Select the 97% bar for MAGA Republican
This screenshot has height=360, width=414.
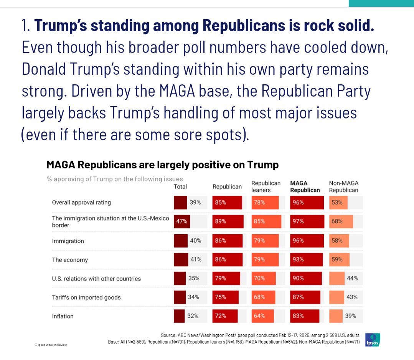tap(306, 222)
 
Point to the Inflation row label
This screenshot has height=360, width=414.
tap(63, 316)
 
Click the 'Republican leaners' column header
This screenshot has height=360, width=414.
tap(266, 186)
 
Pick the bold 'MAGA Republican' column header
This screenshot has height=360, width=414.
tap(305, 186)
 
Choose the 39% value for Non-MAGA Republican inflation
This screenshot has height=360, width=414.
tap(350, 316)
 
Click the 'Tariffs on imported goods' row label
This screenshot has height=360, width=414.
tap(86, 297)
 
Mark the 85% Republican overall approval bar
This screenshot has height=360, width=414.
tap(227, 202)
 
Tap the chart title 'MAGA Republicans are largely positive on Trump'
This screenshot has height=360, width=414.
tap(162, 165)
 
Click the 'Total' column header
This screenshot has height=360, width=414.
tap(180, 187)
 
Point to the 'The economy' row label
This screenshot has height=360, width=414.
tap(70, 260)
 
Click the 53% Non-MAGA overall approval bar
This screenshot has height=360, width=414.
tap(338, 202)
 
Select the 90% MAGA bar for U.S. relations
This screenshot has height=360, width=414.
tap(305, 278)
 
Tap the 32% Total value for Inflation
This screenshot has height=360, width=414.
tap(193, 316)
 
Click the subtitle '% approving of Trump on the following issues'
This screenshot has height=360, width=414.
tap(115, 179)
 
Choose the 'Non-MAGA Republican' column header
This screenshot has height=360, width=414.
tap(343, 186)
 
